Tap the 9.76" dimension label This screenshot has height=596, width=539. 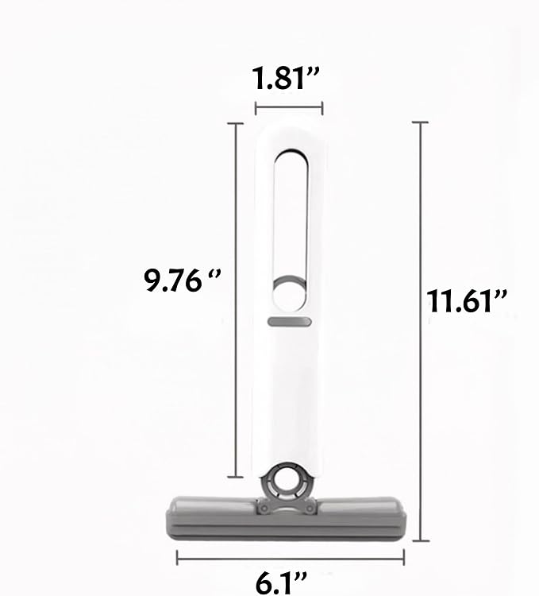click(182, 281)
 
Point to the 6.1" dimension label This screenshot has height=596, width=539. click(281, 583)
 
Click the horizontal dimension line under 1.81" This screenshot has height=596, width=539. click(289, 108)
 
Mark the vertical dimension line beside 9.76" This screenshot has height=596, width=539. click(236, 300)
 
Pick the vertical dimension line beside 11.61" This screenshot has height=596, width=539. click(421, 331)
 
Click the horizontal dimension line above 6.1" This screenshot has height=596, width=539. click(291, 559)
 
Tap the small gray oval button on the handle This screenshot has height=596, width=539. click(289, 322)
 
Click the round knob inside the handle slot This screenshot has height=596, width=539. click(289, 293)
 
